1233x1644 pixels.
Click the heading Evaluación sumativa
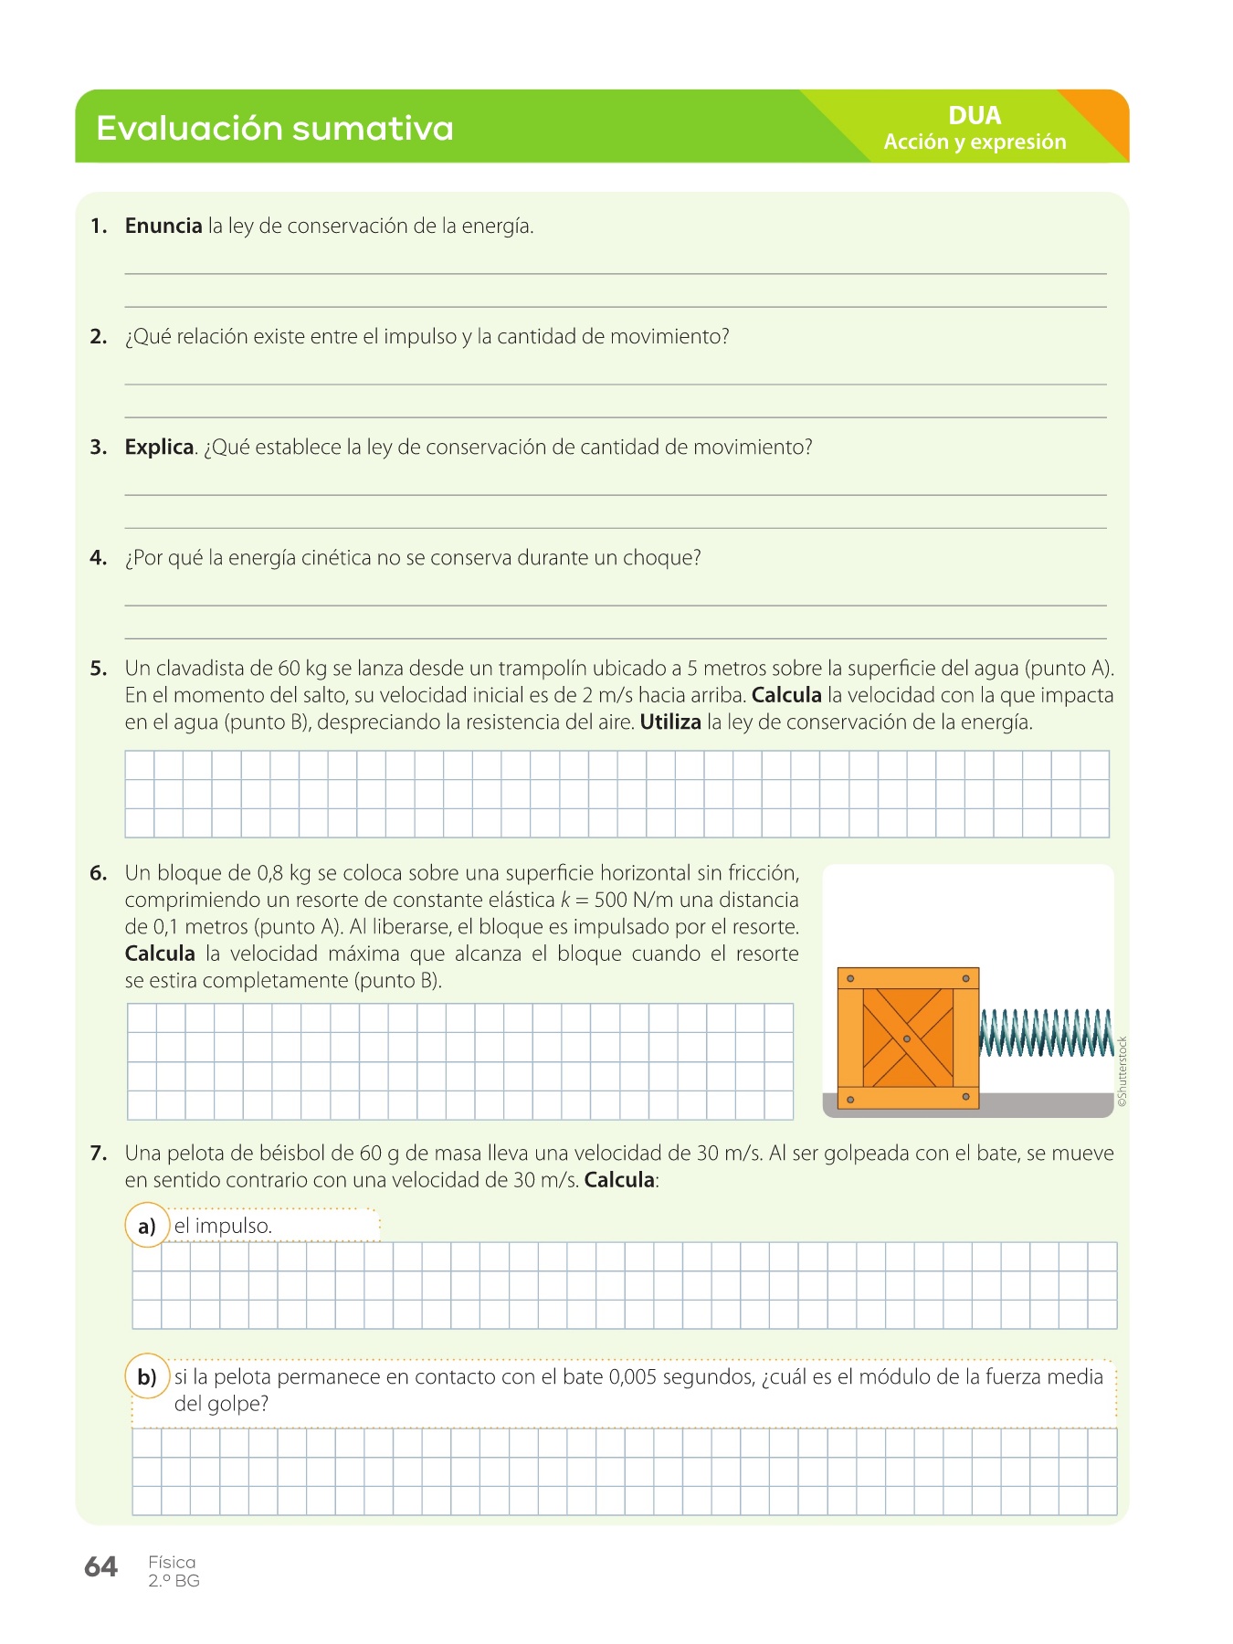click(274, 128)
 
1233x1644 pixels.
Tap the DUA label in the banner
click(975, 115)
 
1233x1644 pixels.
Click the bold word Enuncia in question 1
click(163, 226)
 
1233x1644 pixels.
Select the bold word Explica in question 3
click(159, 447)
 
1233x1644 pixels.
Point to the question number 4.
click(99, 557)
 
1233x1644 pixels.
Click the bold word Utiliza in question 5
click(670, 722)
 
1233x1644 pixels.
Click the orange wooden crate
click(908, 1038)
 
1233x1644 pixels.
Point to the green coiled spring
click(1046, 1033)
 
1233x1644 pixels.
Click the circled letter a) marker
click(147, 1226)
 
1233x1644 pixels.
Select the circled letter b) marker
click(147, 1376)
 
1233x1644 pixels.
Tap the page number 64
click(100, 1566)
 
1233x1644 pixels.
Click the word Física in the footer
click(172, 1562)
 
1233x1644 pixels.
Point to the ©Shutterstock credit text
click(1122, 1071)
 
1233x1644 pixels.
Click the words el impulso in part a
click(223, 1226)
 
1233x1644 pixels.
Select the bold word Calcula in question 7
click(619, 1179)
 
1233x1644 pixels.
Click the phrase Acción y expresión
click(975, 142)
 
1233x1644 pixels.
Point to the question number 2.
click(99, 336)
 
